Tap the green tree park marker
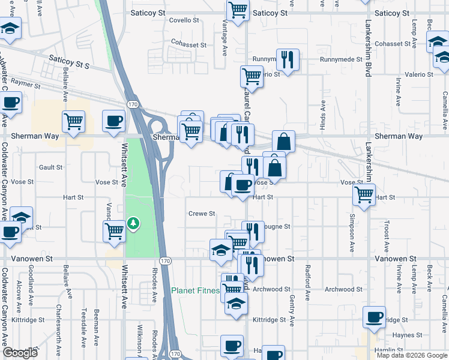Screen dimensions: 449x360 132,224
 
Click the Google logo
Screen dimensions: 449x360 20,353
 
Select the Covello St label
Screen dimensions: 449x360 184,20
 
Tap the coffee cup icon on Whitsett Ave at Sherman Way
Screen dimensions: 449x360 114,121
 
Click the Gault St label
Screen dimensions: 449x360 50,167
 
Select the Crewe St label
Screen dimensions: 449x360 202,214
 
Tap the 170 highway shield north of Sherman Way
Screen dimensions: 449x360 132,104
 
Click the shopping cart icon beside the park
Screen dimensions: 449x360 114,230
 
